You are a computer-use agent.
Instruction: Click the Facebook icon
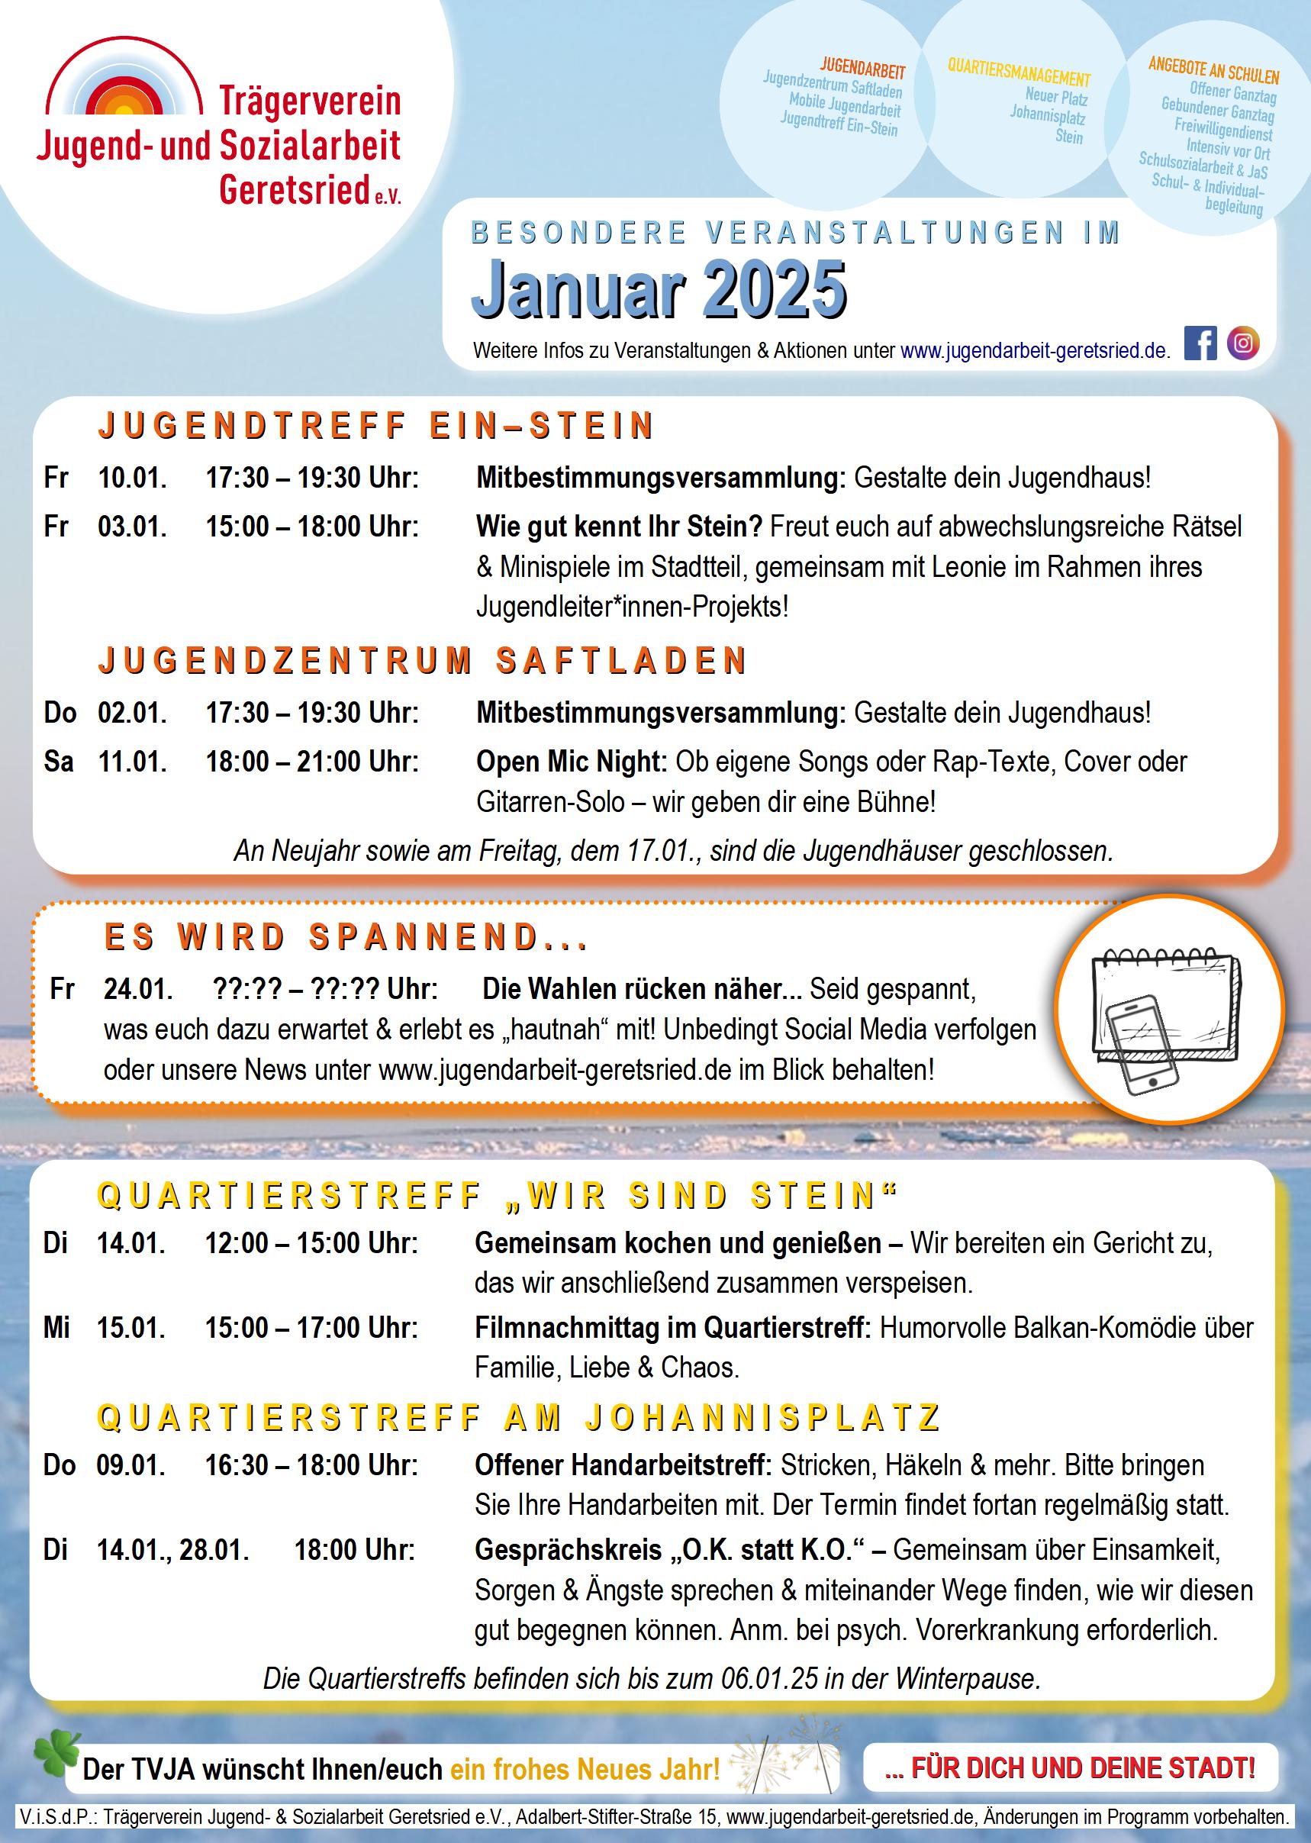[1200, 343]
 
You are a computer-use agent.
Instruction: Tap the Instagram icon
[1242, 343]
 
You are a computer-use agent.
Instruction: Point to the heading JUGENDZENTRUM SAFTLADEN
[422, 660]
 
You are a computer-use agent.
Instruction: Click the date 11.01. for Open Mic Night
[132, 762]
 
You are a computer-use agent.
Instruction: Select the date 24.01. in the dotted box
[138, 989]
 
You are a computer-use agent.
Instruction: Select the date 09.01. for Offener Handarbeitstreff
[130, 1465]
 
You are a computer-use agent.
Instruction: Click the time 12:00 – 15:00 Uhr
[311, 1243]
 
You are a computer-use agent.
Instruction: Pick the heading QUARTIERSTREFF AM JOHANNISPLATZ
[519, 1418]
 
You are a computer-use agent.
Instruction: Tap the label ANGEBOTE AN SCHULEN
[1213, 70]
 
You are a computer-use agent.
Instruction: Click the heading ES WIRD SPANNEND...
[346, 937]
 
